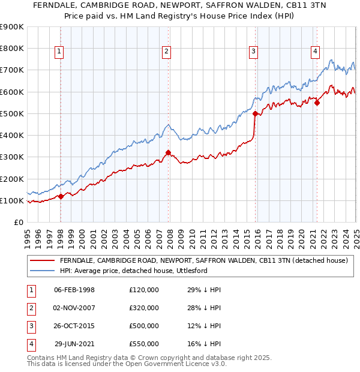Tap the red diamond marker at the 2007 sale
168,152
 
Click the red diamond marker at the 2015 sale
256,113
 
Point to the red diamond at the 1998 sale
61,196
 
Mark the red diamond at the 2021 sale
317,103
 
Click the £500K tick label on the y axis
11,113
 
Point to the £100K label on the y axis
11,200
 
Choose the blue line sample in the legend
42,271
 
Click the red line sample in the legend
42,260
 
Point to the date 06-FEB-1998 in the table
74,290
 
